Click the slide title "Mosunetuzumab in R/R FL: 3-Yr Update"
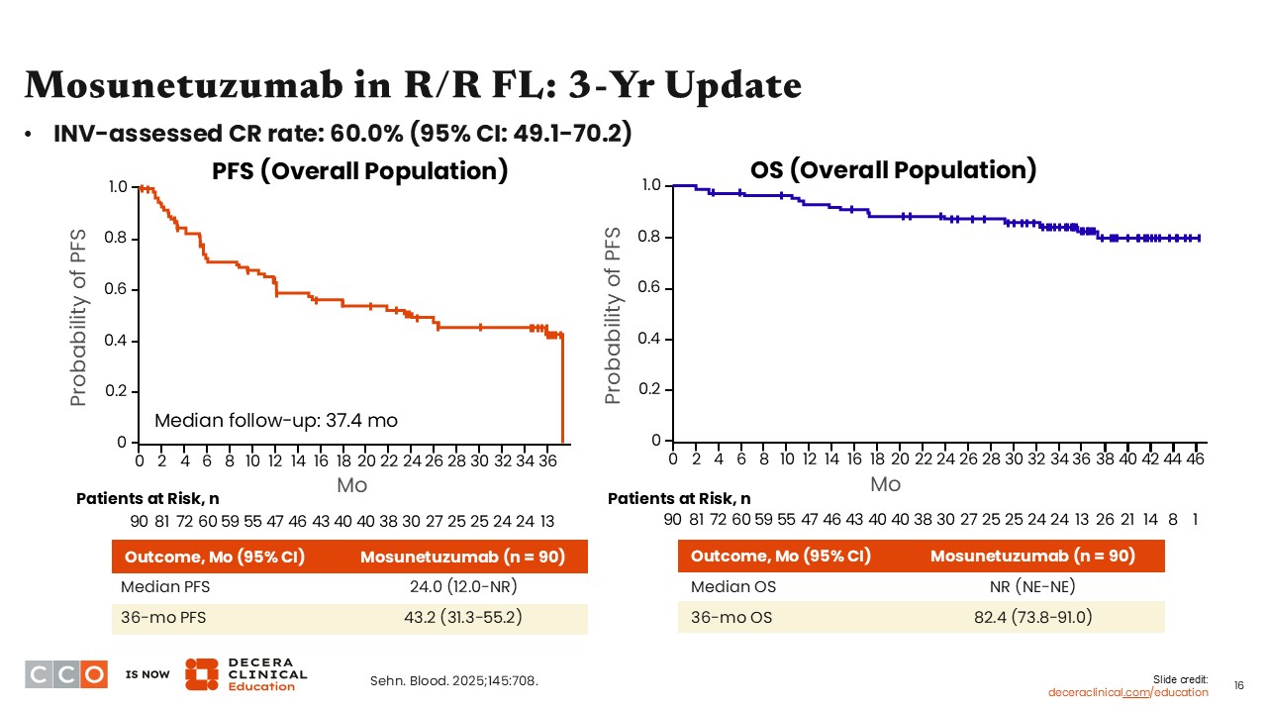(412, 86)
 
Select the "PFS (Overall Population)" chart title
(360, 170)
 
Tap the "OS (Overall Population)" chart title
(893, 169)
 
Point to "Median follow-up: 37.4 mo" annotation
(276, 421)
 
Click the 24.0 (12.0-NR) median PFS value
(462, 586)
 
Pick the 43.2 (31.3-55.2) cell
(462, 618)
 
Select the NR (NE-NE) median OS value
(1032, 586)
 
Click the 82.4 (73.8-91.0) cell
(1032, 618)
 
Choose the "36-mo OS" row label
(731, 618)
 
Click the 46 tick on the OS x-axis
(1196, 459)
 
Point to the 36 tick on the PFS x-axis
(547, 460)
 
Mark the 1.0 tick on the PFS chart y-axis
(118, 187)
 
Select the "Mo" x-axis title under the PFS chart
(352, 484)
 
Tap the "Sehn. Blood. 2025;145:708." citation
(454, 680)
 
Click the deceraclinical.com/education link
(1128, 692)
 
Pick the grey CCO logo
(66, 673)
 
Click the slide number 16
(1238, 685)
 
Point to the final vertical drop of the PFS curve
(562, 391)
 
